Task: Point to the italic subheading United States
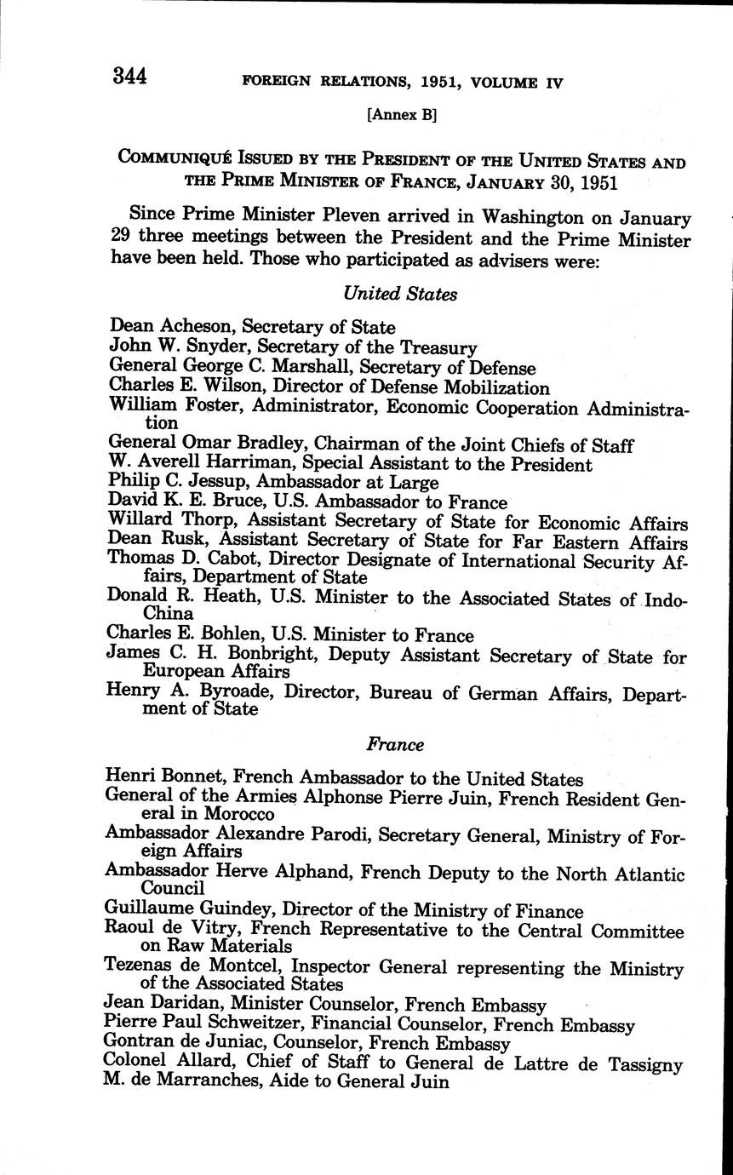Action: pos(400,294)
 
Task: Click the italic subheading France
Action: pos(395,744)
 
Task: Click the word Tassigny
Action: pos(644,1063)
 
